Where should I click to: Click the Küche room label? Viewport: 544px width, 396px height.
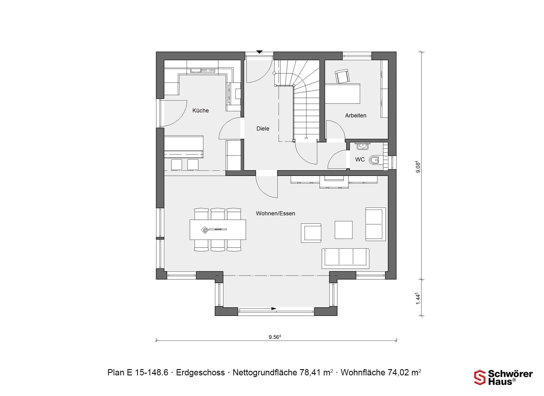[201, 111]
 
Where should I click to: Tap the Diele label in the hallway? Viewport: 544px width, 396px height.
[263, 129]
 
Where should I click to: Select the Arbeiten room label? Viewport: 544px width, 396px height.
[356, 115]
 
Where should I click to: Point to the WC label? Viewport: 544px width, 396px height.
[360, 160]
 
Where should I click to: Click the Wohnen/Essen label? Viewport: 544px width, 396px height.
[275, 214]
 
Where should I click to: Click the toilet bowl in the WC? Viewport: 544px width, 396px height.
[375, 160]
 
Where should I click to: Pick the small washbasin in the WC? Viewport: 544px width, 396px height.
[362, 146]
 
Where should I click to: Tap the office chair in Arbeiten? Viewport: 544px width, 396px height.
[342, 76]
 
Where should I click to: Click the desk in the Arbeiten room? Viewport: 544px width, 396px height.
[342, 93]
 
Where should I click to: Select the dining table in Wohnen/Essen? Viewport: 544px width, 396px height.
[218, 230]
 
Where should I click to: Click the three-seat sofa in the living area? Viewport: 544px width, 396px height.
[345, 258]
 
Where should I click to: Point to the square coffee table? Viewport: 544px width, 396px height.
[343, 230]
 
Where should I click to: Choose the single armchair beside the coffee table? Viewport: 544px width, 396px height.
[311, 233]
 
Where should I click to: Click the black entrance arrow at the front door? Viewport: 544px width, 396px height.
[259, 52]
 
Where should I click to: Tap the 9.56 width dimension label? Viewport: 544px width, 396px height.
[275, 337]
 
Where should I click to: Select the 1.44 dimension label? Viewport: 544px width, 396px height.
[418, 299]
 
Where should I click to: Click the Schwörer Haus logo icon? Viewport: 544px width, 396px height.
[480, 377]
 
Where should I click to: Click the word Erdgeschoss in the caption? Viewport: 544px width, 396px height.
[200, 373]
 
